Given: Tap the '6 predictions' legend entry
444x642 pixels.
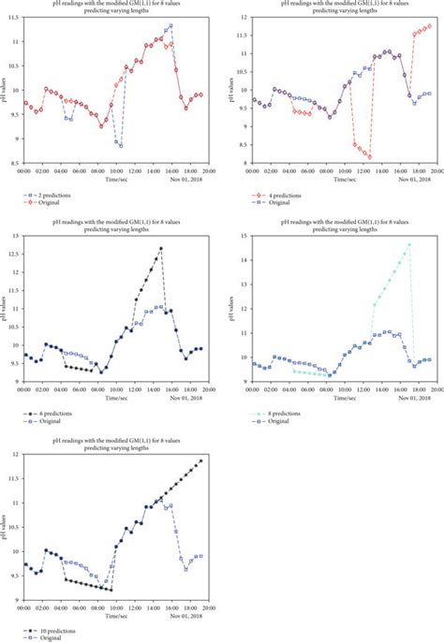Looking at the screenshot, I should click(54, 413).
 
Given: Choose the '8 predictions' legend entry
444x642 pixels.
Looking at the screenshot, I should click(277, 413).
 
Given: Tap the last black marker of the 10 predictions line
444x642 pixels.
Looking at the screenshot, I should click(200, 460).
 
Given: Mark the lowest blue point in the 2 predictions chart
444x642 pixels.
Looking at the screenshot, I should click(121, 146).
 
